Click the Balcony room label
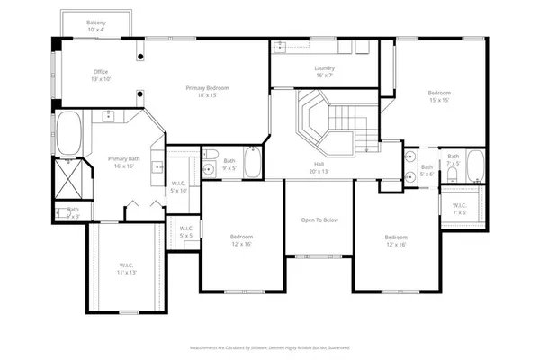(96, 25)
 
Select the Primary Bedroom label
(208, 91)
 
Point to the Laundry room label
(324, 71)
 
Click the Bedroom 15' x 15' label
(439, 96)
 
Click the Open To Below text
(319, 220)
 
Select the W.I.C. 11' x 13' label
(126, 268)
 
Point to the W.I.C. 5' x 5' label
(186, 231)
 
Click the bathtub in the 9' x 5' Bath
(252, 163)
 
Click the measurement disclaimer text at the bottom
(269, 346)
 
